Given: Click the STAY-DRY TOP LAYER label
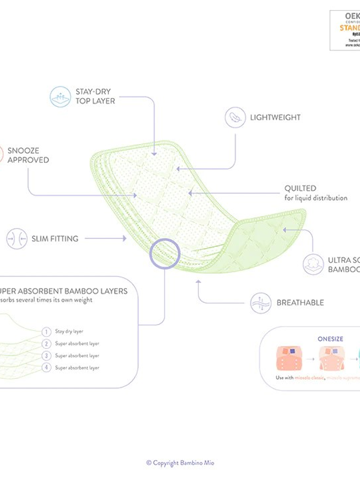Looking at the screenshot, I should point(95,96).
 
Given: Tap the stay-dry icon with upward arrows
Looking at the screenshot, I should point(60,97).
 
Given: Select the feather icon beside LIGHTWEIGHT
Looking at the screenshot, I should point(235,117).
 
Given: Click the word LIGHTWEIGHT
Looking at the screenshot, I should point(275,117).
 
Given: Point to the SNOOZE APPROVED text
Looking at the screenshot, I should point(28,155).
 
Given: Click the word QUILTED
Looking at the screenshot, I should point(300,189).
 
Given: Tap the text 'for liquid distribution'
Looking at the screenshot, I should point(315,198).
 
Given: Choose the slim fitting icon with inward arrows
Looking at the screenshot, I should point(17,239).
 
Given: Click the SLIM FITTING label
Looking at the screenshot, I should point(55,239).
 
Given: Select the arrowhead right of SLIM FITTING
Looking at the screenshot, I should point(124,238).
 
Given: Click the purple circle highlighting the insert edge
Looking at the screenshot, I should point(165,254).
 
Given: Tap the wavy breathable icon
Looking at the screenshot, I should point(261,303).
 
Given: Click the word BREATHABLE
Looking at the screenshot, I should point(300,303).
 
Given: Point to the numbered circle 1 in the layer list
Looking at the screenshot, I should point(46,332).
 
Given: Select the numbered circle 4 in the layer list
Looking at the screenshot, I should point(46,368).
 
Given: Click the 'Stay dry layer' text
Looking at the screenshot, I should point(69,331).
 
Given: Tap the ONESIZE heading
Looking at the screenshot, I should point(330,339).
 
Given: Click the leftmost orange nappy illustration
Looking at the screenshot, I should point(289,358).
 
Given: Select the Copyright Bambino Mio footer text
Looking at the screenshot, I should point(180,463).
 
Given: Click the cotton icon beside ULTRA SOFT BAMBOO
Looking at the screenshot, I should point(313,264).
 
